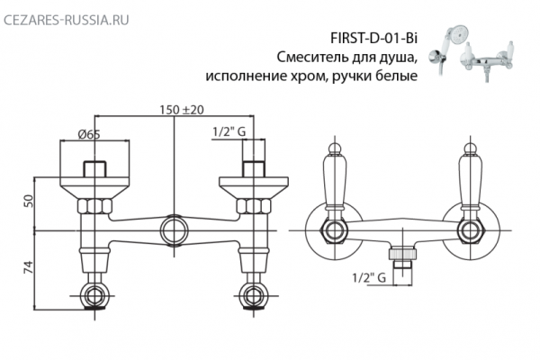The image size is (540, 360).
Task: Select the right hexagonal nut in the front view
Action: (468, 229)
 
